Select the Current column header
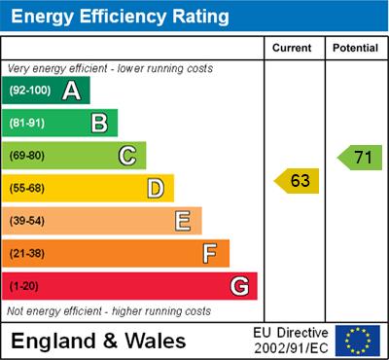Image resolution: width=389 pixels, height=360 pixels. click(x=293, y=48)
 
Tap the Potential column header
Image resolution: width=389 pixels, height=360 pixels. click(x=355, y=48)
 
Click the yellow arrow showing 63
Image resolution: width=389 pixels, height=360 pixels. click(x=298, y=181)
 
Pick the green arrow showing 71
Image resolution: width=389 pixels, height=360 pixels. click(x=360, y=157)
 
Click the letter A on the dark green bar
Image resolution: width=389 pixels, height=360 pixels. click(x=71, y=90)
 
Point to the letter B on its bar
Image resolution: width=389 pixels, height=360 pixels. click(x=99, y=123)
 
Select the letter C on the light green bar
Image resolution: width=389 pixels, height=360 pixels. click(x=126, y=156)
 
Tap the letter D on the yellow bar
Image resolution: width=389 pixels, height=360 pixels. click(x=155, y=188)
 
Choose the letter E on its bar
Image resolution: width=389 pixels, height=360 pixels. click(x=183, y=221)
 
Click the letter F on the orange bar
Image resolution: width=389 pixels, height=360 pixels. click(x=210, y=253)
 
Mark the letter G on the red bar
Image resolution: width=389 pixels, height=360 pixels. click(x=239, y=286)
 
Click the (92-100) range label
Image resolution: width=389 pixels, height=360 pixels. click(x=30, y=90)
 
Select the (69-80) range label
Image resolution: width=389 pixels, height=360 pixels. click(x=28, y=156)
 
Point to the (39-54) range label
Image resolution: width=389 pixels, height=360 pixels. click(x=28, y=221)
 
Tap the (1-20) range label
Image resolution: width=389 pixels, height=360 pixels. click(x=24, y=286)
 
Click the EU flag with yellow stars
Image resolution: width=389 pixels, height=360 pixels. click(x=358, y=341)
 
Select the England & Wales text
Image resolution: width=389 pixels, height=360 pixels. click(x=98, y=342)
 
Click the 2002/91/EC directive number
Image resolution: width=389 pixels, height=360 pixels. click(x=291, y=348)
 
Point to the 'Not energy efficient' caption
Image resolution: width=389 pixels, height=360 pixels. click(x=109, y=311)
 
